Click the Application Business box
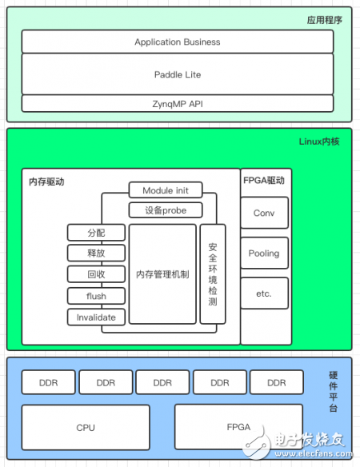tap(178, 42)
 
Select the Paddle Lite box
tap(178, 74)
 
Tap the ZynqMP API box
tap(178, 104)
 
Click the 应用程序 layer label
tap(325, 20)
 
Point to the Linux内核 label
tap(319, 142)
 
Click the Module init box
tap(166, 190)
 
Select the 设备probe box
tap(166, 210)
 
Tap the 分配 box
tap(96, 233)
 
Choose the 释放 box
tap(96, 253)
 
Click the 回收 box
tap(96, 274)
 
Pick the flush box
tap(96, 296)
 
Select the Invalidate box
tap(96, 317)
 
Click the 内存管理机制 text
tap(162, 274)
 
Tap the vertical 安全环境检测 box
tap(213, 274)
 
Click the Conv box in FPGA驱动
tap(264, 213)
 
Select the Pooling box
tap(264, 253)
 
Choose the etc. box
tap(264, 293)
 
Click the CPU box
tap(86, 427)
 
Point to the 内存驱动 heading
tap(46, 182)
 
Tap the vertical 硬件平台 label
tap(333, 392)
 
